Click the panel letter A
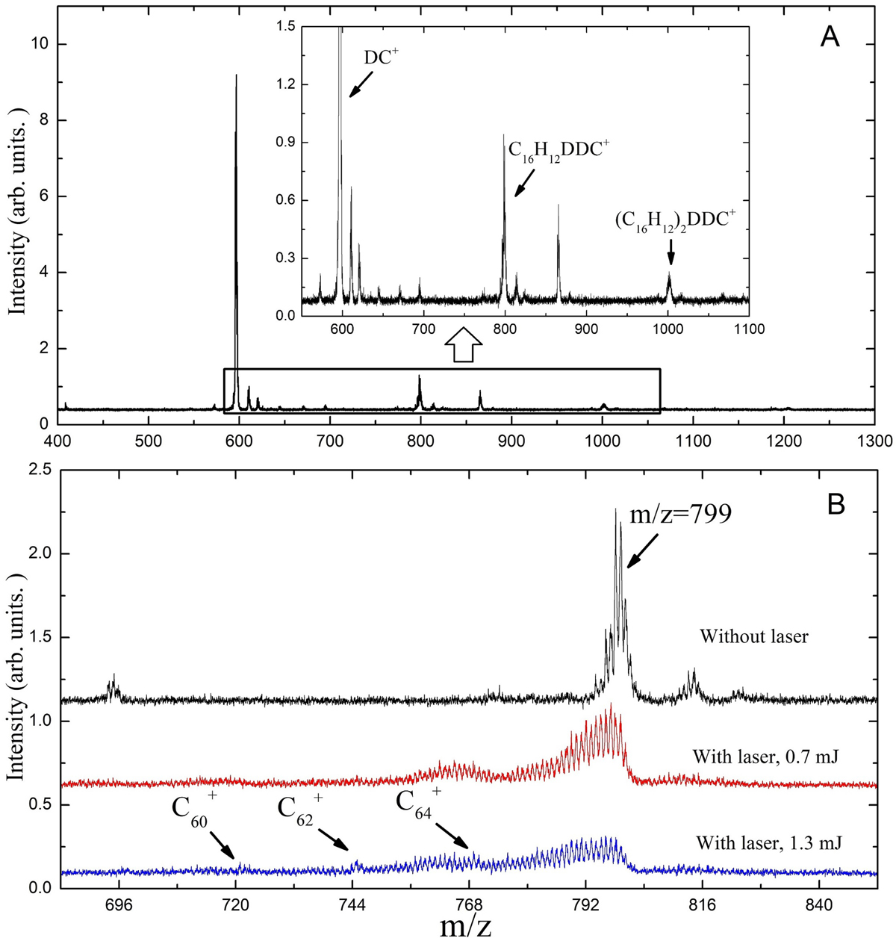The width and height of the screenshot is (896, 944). point(830,37)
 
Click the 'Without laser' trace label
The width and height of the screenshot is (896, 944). point(754,636)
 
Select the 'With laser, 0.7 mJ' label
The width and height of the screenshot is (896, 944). point(765,757)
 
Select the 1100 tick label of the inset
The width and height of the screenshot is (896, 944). point(748,329)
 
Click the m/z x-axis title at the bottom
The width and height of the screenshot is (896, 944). point(465,926)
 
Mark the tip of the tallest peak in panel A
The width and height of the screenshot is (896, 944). point(236,75)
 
